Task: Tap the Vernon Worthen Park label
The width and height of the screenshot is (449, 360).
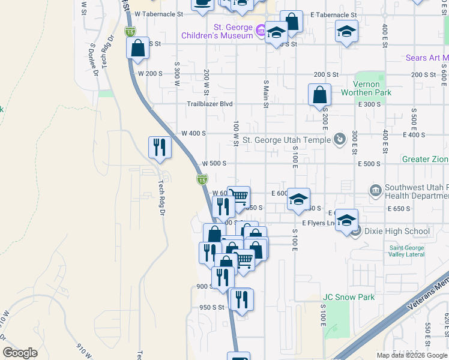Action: pyautogui.click(x=366, y=88)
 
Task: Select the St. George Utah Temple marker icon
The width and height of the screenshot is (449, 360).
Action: pyautogui.click(x=340, y=139)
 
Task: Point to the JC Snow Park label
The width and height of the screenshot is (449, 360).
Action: pyautogui.click(x=349, y=297)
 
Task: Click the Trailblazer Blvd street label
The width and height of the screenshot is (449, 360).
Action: pyautogui.click(x=209, y=103)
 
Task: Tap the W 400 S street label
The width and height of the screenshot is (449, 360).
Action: pyautogui.click(x=194, y=133)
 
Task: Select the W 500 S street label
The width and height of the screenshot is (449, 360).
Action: pyautogui.click(x=214, y=163)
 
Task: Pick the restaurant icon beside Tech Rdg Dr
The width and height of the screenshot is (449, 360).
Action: pyautogui.click(x=160, y=147)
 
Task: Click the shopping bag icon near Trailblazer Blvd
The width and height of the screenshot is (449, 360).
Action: pyautogui.click(x=319, y=94)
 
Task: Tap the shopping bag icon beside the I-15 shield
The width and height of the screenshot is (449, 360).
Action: pyautogui.click(x=138, y=48)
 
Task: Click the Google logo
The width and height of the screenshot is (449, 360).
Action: pyautogui.click(x=20, y=353)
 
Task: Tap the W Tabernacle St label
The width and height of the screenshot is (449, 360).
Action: pyautogui.click(x=155, y=13)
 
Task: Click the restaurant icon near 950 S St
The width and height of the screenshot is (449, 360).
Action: pyautogui.click(x=241, y=299)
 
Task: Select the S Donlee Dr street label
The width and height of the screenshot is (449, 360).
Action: pyautogui.click(x=94, y=60)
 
